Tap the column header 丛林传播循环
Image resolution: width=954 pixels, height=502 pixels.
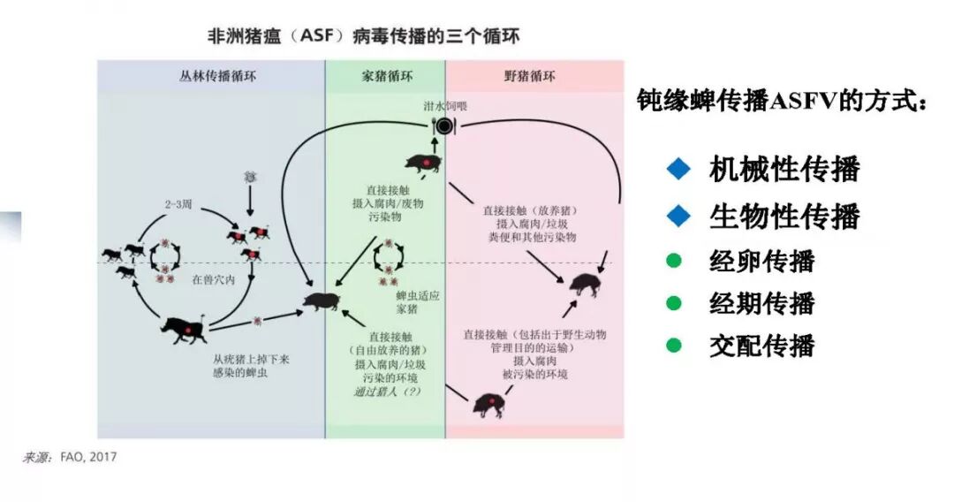tap(211, 76)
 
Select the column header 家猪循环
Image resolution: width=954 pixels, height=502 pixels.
tap(385, 76)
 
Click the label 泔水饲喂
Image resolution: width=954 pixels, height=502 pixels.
tap(444, 107)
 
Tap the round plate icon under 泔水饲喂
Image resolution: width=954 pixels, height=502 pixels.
tap(443, 126)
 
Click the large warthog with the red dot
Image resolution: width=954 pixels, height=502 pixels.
tap(181, 330)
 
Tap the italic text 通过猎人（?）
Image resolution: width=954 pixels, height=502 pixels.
tap(387, 392)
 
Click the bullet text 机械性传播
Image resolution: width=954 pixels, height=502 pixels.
tap(784, 169)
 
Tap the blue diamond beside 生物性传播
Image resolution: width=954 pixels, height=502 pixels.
tap(677, 215)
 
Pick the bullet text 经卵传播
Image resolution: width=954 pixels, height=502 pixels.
tap(761, 261)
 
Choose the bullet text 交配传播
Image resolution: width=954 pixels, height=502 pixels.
tap(761, 346)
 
